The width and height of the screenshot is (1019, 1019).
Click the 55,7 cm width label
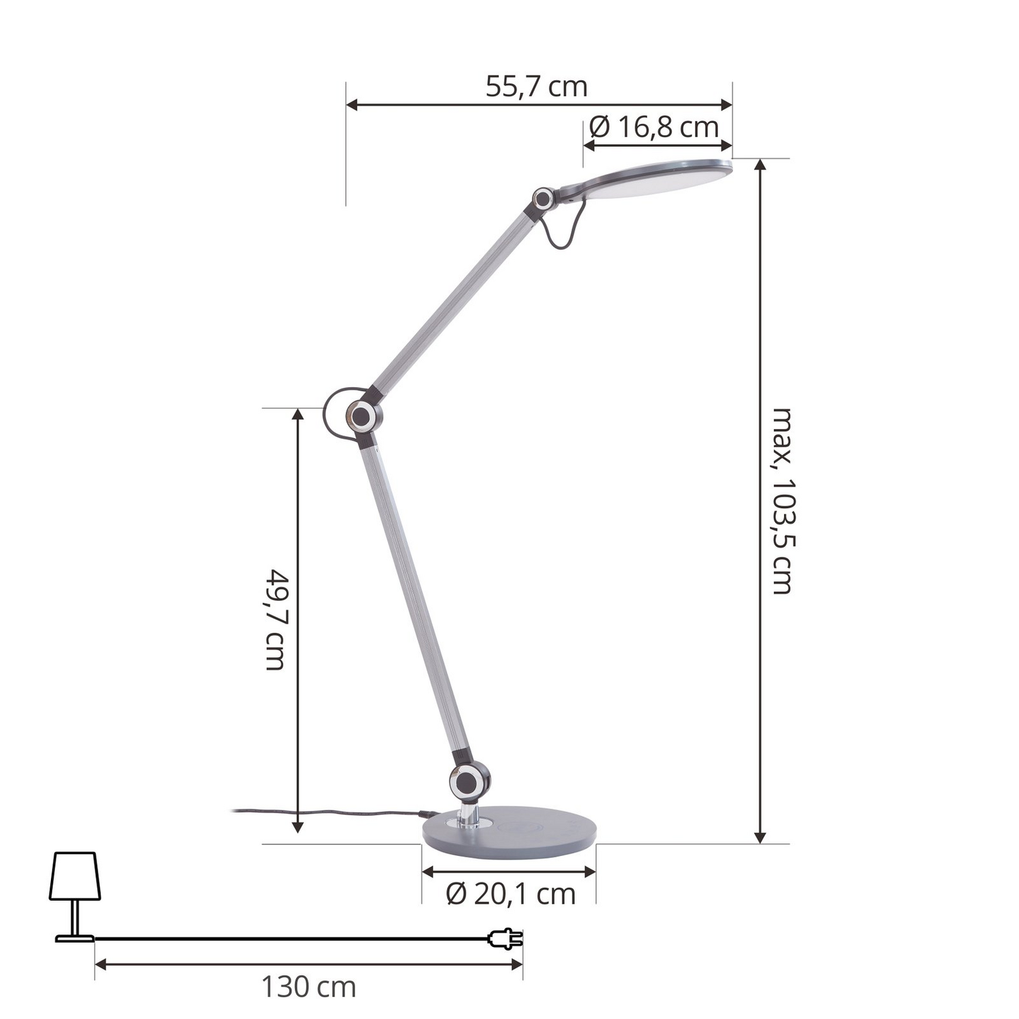pyautogui.click(x=536, y=88)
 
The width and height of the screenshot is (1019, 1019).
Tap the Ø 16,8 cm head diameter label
pyautogui.click(x=654, y=127)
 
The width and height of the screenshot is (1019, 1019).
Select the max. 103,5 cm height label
pyautogui.click(x=783, y=501)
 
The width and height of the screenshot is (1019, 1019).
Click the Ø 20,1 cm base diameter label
pyautogui.click(x=510, y=894)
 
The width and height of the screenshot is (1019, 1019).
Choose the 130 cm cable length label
pyautogui.click(x=308, y=987)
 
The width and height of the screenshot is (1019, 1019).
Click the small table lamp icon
pyautogui.click(x=75, y=895)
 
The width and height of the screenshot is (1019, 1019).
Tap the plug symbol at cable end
pyautogui.click(x=506, y=939)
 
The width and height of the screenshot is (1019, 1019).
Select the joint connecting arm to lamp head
pyautogui.click(x=543, y=199)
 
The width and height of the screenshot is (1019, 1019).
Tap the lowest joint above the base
pyautogui.click(x=469, y=780)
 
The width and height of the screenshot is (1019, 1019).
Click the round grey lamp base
pyautogui.click(x=509, y=830)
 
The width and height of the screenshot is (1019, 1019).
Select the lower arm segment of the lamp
pyautogui.click(x=415, y=598)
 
